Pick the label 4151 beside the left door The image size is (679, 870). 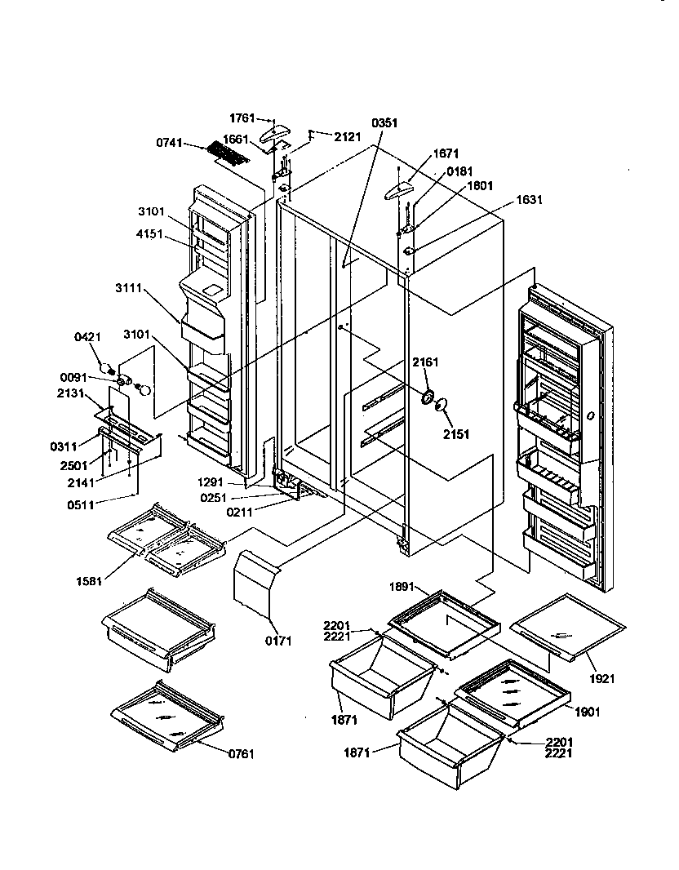click(x=152, y=233)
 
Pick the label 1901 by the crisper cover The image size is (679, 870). click(x=586, y=712)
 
